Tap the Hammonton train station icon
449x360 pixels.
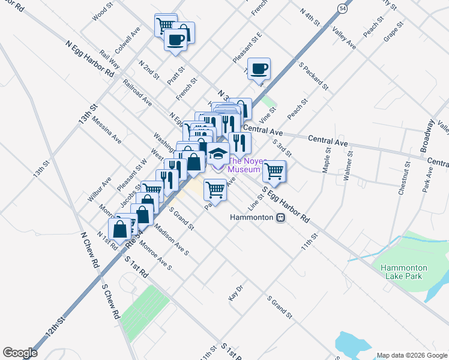(x=280, y=217)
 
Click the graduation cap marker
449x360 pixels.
(x=218, y=153)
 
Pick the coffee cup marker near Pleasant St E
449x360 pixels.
(x=259, y=69)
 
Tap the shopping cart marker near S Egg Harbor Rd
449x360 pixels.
(x=274, y=171)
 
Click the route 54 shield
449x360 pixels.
(x=342, y=9)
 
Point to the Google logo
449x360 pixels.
(x=20, y=352)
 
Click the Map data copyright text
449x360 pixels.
(x=412, y=355)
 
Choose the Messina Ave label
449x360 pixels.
(x=106, y=130)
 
